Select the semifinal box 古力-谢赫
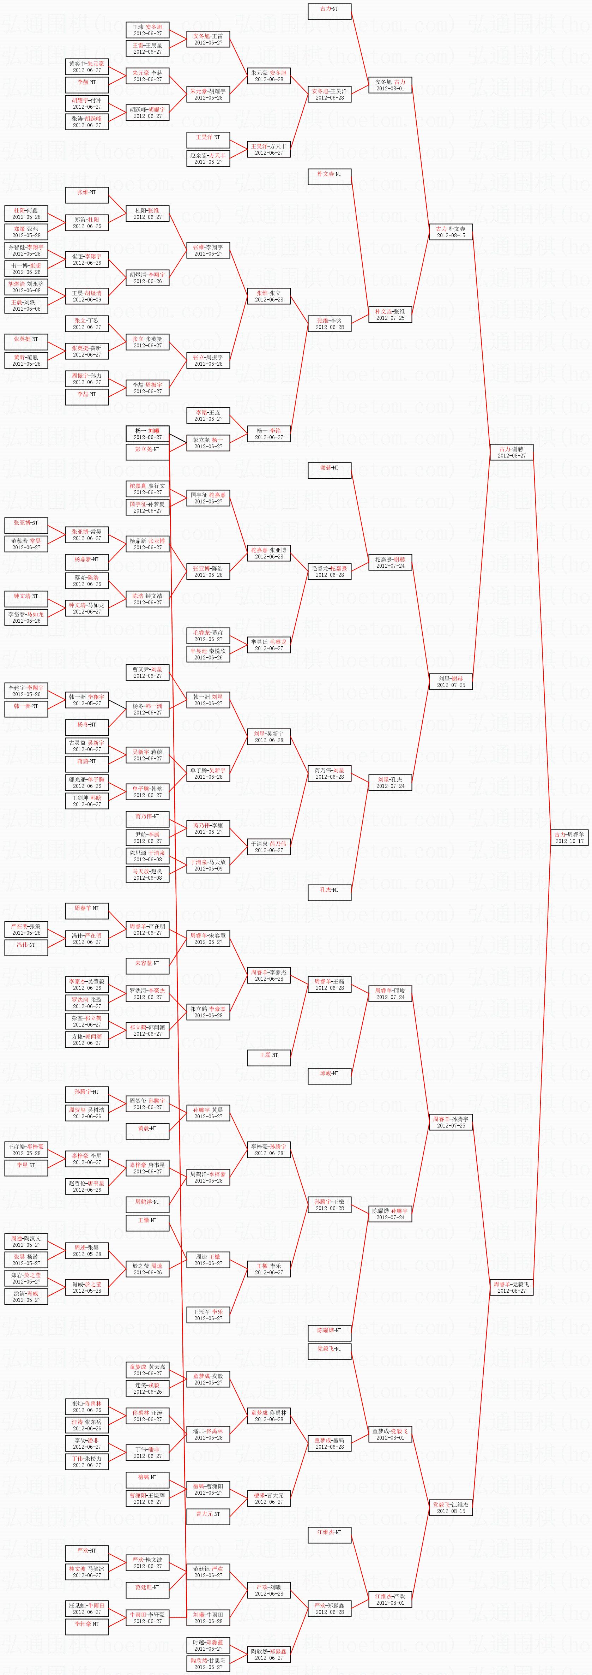click(x=512, y=452)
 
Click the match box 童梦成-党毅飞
click(x=390, y=1434)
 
